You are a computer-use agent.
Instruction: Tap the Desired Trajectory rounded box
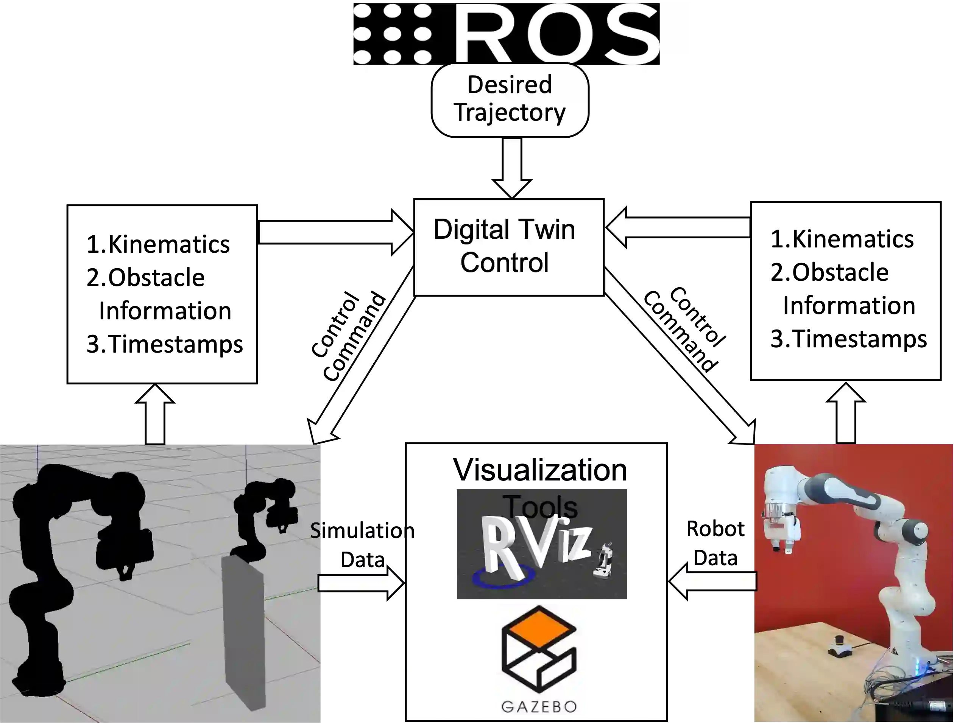click(x=510, y=100)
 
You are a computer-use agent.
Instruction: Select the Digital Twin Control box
click(x=508, y=247)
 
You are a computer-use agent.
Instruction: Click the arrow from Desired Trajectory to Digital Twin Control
click(x=512, y=166)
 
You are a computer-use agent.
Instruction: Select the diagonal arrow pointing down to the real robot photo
click(x=679, y=358)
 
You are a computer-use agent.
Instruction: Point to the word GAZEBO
click(x=539, y=706)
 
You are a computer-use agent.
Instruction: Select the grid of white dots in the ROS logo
click(x=392, y=34)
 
